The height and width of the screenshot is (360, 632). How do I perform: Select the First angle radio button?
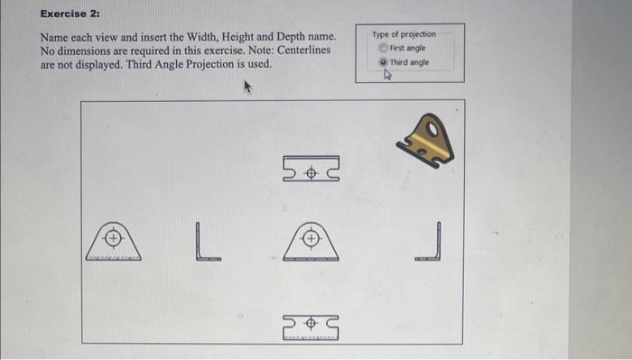[x=383, y=48]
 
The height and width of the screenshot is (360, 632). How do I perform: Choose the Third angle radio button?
[x=383, y=62]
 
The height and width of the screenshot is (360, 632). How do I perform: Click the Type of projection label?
[x=404, y=34]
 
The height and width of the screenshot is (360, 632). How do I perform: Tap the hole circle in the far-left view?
[x=114, y=238]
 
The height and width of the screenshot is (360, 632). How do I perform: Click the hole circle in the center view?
[x=310, y=238]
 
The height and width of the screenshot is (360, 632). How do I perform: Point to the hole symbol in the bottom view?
[x=310, y=322]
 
